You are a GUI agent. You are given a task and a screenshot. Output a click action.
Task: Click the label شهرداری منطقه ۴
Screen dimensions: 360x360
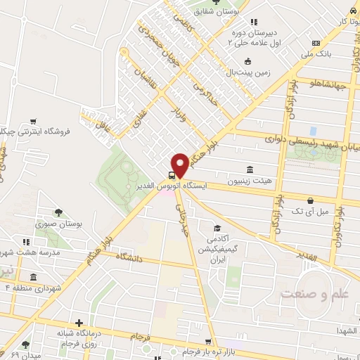(28, 288)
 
